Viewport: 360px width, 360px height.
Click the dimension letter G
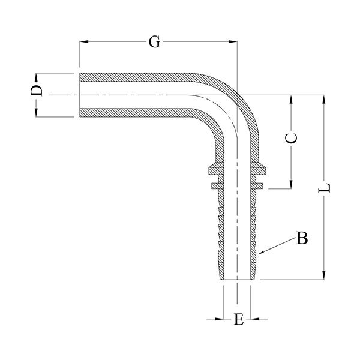click(154, 42)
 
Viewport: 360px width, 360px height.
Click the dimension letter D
click(37, 91)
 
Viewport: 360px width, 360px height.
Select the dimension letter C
click(291, 138)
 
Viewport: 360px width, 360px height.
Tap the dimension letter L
click(324, 188)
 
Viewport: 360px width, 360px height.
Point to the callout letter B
click(302, 238)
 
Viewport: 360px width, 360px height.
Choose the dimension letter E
click(239, 319)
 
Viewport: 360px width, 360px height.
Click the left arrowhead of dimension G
click(84, 42)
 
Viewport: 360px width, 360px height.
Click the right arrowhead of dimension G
click(233, 42)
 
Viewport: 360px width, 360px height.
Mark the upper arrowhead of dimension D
click(36, 77)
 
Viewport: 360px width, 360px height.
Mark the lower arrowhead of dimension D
click(36, 113)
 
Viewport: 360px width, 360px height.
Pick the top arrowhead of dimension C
click(291, 100)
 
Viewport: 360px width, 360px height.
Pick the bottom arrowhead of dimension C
click(291, 184)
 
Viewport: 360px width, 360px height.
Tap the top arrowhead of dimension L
click(324, 100)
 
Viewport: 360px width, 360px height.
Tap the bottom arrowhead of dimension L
click(324, 275)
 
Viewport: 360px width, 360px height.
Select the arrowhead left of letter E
click(219, 319)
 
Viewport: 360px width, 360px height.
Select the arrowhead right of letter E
click(255, 319)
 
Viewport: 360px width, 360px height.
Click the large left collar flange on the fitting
click(213, 169)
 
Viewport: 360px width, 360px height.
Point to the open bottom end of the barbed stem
click(237, 280)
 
